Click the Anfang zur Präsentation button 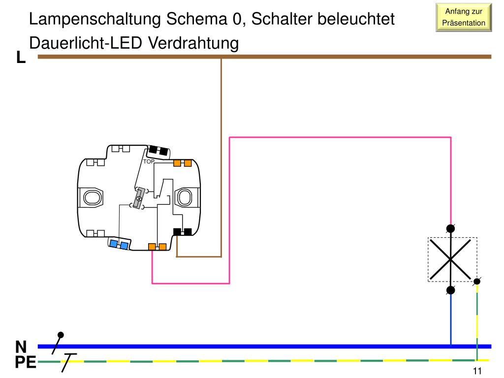tap(464, 17)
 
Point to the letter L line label tap(21, 58)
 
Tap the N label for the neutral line tap(21, 346)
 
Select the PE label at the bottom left tap(25, 363)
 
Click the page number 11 tap(477, 372)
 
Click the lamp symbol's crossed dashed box tap(452, 259)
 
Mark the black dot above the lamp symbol tap(450, 228)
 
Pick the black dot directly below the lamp tap(450, 290)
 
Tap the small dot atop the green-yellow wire tap(477, 282)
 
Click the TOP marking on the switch tap(149, 161)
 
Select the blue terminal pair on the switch tap(119, 244)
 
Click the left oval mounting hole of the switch tap(91, 198)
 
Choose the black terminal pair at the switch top tap(159, 149)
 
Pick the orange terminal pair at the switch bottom tap(157, 247)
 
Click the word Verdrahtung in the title tap(193, 43)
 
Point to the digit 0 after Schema tap(238, 20)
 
